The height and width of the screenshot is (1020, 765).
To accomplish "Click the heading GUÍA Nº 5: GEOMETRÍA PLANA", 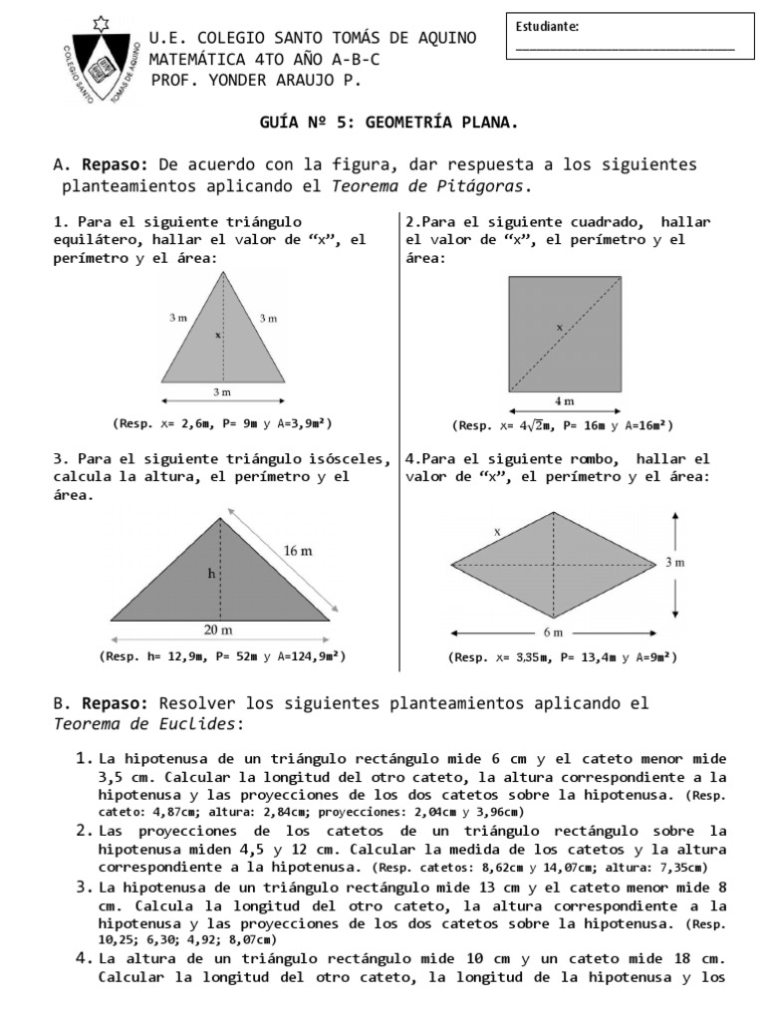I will [388, 123].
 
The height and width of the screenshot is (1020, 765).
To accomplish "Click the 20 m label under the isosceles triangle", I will [219, 631].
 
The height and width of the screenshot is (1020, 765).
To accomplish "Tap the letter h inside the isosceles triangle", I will [211, 573].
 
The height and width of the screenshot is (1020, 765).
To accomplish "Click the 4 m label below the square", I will [565, 400].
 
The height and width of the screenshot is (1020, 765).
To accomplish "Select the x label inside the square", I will [559, 326].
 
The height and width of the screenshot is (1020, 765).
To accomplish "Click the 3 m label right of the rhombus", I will [674, 563].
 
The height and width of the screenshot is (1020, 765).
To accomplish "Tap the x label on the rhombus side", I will [497, 532].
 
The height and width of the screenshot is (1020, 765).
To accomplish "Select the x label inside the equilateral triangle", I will [217, 336].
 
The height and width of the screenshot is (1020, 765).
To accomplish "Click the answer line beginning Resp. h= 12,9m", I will [222, 656].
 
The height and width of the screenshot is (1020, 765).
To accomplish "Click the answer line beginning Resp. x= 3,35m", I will [564, 657].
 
